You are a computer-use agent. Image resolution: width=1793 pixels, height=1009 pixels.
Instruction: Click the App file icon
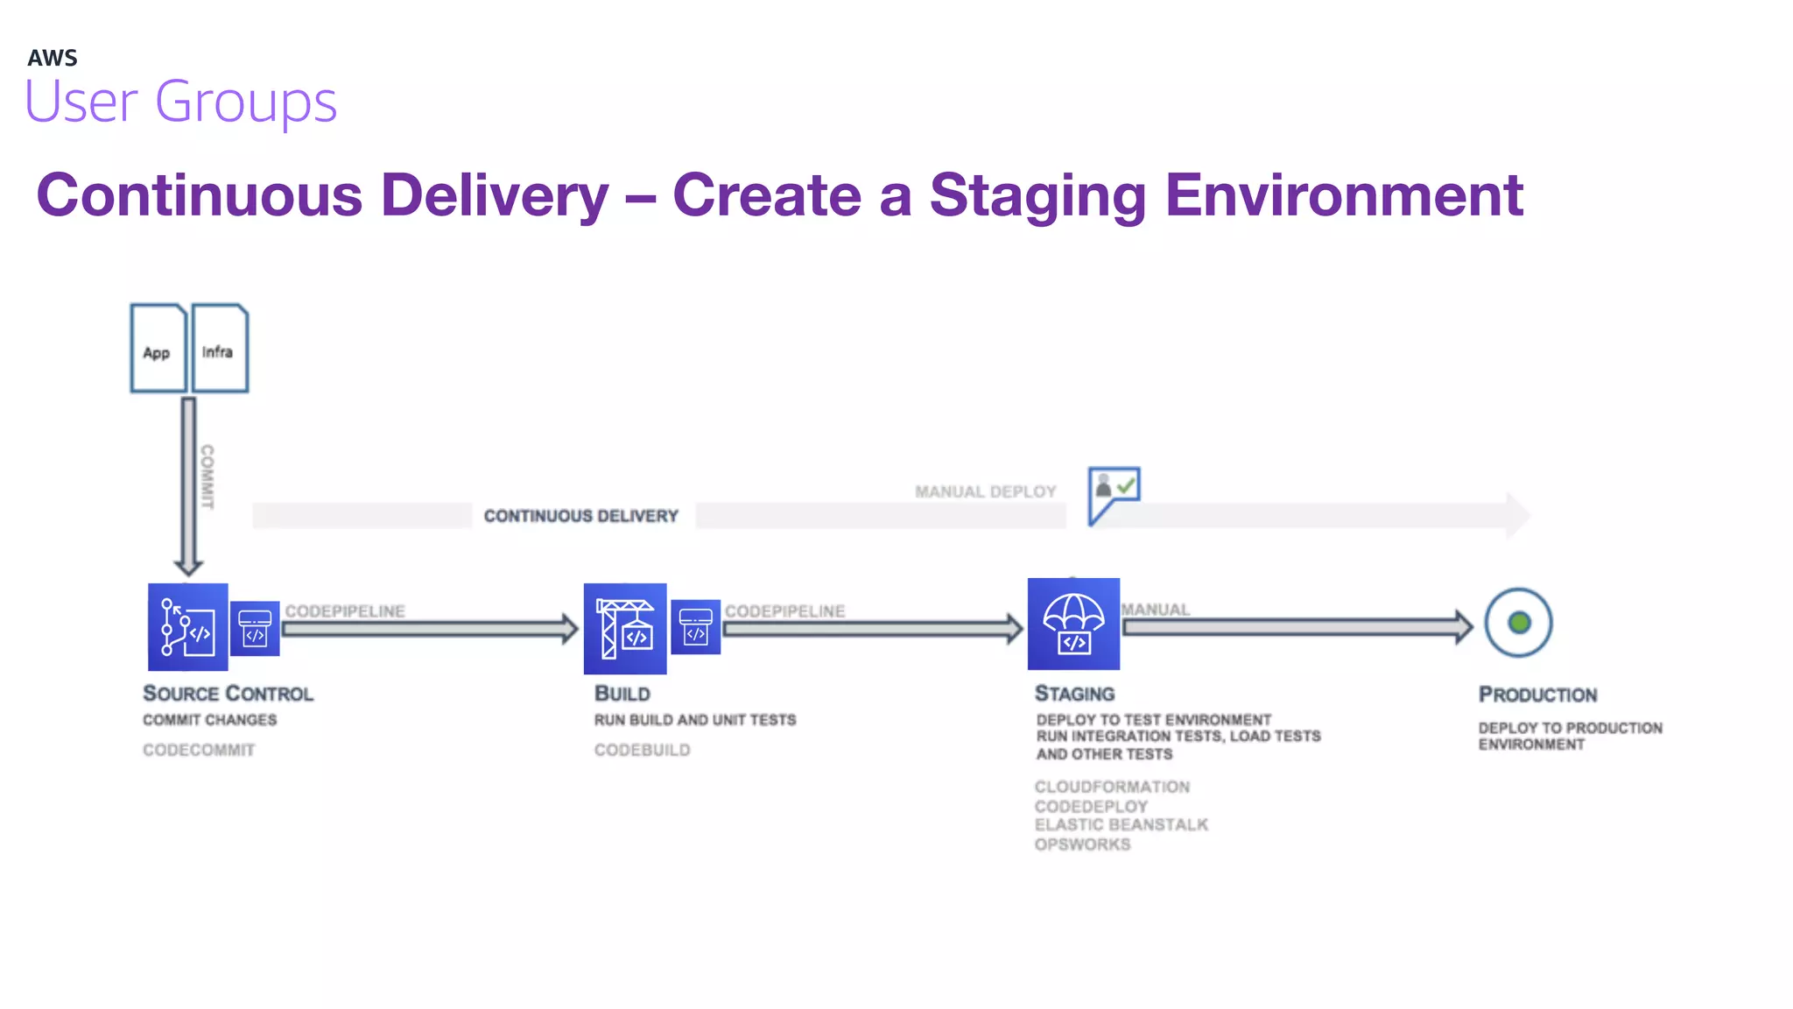pyautogui.click(x=158, y=348)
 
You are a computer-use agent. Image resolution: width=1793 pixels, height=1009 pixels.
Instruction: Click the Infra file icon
pyautogui.click(x=220, y=348)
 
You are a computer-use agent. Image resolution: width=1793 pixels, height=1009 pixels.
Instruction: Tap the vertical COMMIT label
pyautogui.click(x=207, y=476)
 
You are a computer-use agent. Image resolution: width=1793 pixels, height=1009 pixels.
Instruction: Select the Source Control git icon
pyautogui.click(x=187, y=627)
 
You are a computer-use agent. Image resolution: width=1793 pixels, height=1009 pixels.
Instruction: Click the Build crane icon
pyautogui.click(x=624, y=628)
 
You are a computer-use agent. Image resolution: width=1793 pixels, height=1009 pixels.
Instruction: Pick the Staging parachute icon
pyautogui.click(x=1073, y=624)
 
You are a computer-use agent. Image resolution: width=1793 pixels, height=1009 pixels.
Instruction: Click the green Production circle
pyautogui.click(x=1519, y=623)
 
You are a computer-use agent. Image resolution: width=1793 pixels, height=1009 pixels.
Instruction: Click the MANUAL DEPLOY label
pyautogui.click(x=986, y=492)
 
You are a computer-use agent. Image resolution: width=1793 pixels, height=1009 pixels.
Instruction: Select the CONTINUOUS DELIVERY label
pyautogui.click(x=581, y=517)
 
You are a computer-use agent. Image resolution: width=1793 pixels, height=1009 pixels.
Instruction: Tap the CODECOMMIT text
pyautogui.click(x=199, y=751)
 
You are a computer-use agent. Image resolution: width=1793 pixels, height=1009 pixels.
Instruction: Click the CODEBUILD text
pyautogui.click(x=642, y=751)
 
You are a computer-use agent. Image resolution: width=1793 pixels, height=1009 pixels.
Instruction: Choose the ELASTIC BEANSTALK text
pyautogui.click(x=1121, y=825)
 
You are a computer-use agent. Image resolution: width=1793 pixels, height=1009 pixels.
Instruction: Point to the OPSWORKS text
pyautogui.click(x=1082, y=845)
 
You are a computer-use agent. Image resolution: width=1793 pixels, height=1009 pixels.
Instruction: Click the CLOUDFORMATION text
pyautogui.click(x=1112, y=787)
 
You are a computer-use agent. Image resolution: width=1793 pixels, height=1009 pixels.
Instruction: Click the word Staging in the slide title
pyautogui.click(x=1037, y=194)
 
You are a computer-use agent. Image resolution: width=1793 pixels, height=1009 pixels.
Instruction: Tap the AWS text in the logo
pyautogui.click(x=53, y=59)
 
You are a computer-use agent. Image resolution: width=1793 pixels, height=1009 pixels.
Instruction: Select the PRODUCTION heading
pyautogui.click(x=1537, y=695)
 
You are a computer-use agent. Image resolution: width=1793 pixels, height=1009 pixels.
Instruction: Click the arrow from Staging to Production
pyautogui.click(x=1296, y=627)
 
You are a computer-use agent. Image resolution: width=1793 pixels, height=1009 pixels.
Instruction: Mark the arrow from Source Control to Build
pyautogui.click(x=429, y=628)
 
